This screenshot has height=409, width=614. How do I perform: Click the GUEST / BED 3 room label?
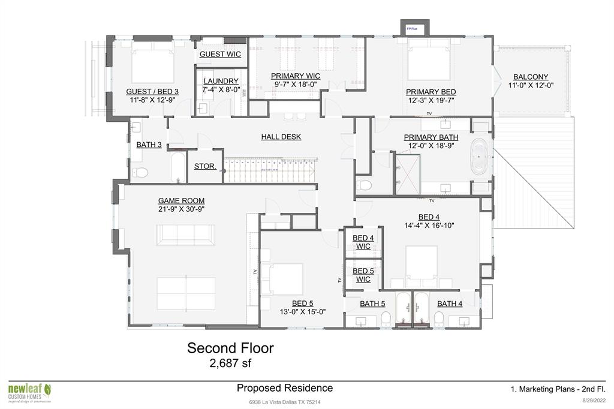click(x=152, y=92)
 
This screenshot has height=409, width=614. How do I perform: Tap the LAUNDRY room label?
click(x=221, y=81)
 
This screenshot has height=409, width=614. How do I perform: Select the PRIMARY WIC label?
click(x=295, y=76)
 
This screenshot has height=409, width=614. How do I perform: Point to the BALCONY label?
click(x=530, y=77)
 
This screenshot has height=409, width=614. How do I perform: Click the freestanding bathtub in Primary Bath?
click(x=480, y=157)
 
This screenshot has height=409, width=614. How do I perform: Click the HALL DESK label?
click(x=281, y=137)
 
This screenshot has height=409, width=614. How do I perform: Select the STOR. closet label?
click(x=205, y=166)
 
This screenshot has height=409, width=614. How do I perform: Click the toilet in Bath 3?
click(x=142, y=173)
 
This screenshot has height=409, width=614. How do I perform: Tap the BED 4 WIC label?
click(x=363, y=242)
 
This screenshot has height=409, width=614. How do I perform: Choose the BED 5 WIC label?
click(x=363, y=275)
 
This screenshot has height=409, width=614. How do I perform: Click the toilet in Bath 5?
click(x=386, y=319)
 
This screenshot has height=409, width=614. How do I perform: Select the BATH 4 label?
click(x=449, y=304)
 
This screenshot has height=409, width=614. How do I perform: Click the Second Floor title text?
click(x=230, y=348)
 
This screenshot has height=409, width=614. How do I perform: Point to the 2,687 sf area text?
click(x=230, y=363)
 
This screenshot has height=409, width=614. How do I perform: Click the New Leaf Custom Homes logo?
click(x=30, y=392)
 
